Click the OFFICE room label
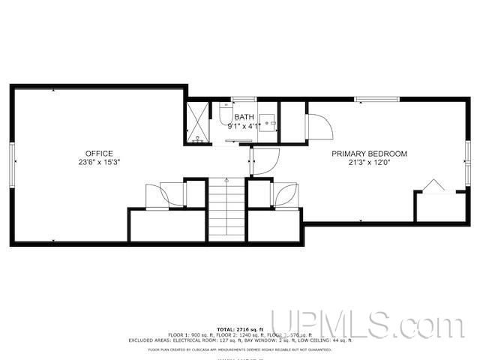(99, 153)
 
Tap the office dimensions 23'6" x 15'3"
(99, 162)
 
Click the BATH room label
(244, 117)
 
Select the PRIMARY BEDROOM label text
(370, 154)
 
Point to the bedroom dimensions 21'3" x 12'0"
(370, 162)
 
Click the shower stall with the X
(197, 122)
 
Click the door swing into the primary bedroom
(319, 126)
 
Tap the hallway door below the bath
(264, 160)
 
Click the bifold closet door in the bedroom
(433, 185)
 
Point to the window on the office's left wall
(12, 163)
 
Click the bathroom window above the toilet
(244, 98)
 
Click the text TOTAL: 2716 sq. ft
(239, 329)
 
